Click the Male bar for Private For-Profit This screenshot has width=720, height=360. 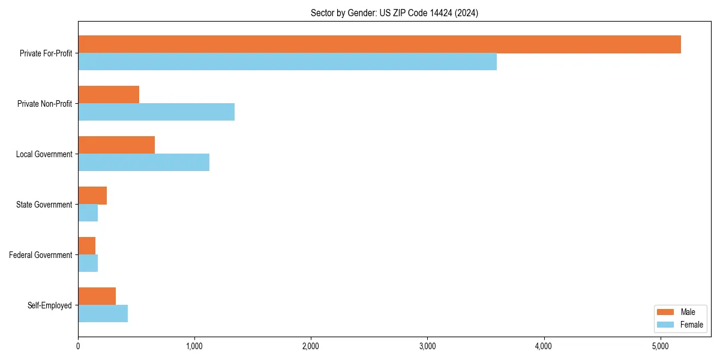[379, 44]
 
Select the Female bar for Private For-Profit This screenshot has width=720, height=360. [287, 62]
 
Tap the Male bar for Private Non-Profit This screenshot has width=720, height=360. [109, 95]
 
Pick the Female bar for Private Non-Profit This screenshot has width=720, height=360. [156, 112]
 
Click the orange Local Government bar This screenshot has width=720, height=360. [116, 145]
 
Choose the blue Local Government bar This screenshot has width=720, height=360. [143, 163]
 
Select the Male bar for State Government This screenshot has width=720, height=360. [92, 196]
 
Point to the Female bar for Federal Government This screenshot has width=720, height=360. [88, 263]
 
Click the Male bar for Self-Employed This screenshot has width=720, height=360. [97, 296]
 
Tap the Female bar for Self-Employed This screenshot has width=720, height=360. [103, 314]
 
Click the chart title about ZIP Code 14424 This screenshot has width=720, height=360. [394, 13]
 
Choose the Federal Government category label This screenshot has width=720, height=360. [41, 255]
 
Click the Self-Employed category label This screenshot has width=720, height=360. [50, 305]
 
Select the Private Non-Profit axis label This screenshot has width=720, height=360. [44, 104]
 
